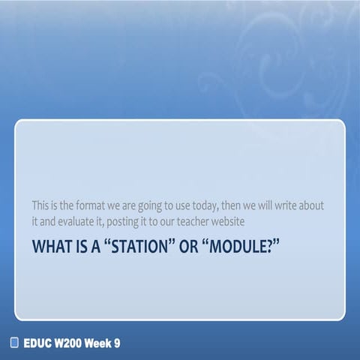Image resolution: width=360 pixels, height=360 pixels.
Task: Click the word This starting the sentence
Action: click(x=43, y=205)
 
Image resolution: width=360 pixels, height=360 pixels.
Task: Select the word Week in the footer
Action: click(x=103, y=343)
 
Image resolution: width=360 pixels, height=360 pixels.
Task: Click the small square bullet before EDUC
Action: click(x=13, y=343)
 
